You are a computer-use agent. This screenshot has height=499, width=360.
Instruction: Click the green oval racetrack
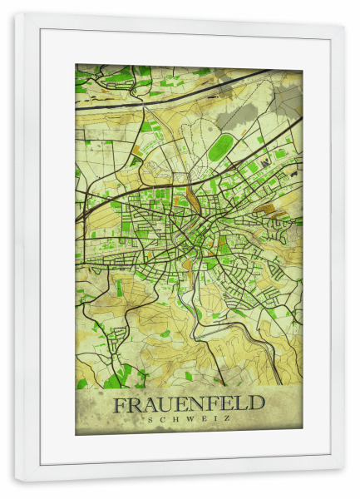219,149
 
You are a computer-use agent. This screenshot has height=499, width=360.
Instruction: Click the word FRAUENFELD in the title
189,404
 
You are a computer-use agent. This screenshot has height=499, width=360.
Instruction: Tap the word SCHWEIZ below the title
189,419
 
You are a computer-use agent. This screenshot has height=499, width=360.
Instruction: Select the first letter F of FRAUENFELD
120,405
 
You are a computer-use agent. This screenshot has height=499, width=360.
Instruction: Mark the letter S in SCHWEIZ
149,419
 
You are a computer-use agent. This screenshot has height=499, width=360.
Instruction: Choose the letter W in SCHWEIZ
189,419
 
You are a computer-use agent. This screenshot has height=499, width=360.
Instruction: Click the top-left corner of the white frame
16,14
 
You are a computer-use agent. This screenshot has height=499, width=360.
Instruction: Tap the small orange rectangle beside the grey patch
136,151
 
